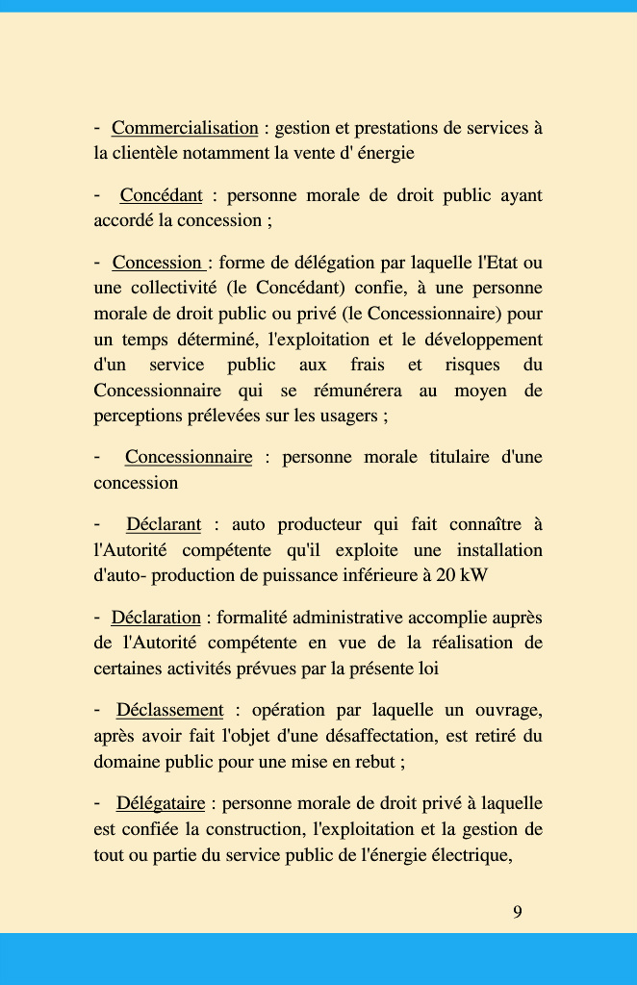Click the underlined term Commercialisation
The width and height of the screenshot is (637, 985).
(x=185, y=128)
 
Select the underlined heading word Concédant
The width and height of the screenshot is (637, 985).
(x=161, y=195)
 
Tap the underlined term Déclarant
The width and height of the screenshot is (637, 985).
(x=164, y=524)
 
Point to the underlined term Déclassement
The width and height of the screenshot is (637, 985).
(x=169, y=710)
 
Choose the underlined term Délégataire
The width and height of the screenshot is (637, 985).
(x=161, y=803)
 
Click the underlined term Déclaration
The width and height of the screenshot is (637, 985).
(x=156, y=618)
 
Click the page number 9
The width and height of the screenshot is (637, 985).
(x=518, y=912)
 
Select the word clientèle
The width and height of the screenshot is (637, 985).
(x=147, y=153)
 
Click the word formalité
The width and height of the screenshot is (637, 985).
(x=252, y=618)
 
